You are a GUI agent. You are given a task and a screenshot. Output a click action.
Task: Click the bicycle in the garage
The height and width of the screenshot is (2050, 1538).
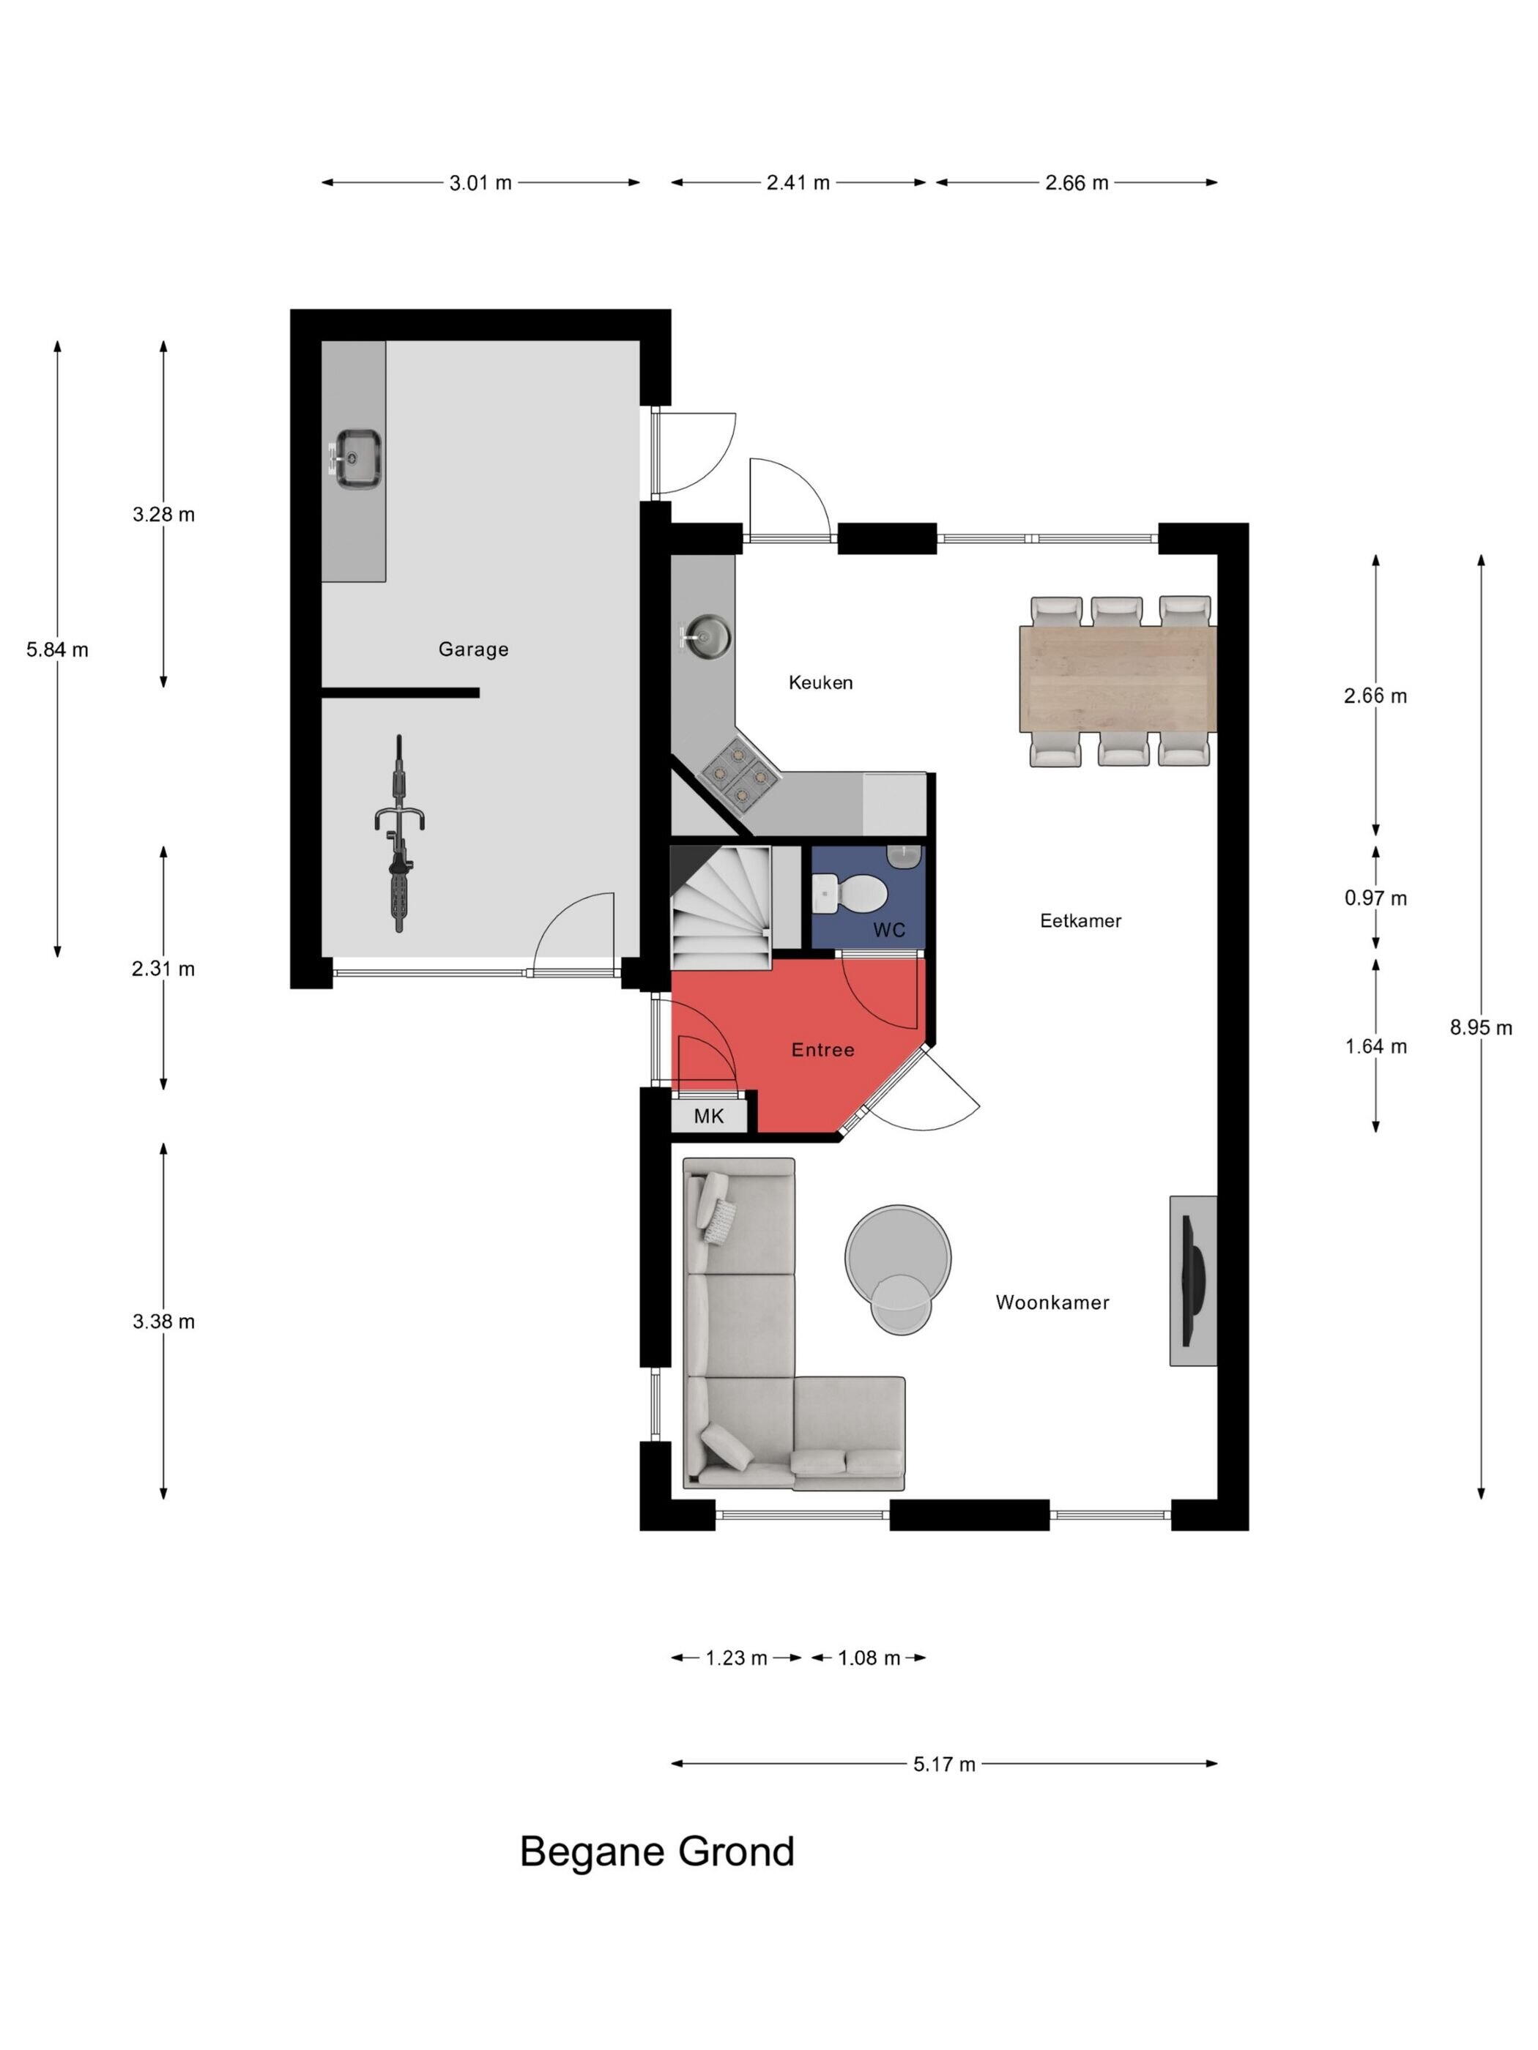tap(398, 833)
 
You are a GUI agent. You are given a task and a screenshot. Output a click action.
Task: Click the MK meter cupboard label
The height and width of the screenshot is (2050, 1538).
tap(708, 1116)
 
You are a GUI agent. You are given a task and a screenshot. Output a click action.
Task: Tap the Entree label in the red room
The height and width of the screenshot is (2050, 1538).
tap(822, 1049)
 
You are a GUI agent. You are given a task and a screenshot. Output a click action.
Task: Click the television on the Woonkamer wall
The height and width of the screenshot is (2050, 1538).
tap(1194, 1281)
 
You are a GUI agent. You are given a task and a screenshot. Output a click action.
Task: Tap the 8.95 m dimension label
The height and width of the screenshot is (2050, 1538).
tap(1481, 1027)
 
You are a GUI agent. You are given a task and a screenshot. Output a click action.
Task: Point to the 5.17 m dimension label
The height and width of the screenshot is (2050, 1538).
tap(944, 1764)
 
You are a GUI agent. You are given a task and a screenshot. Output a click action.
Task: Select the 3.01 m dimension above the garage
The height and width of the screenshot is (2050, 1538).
tap(480, 182)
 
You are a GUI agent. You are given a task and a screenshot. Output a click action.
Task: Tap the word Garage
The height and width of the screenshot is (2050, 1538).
tap(473, 649)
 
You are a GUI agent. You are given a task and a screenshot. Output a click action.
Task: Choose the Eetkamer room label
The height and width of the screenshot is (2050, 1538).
tap(1080, 920)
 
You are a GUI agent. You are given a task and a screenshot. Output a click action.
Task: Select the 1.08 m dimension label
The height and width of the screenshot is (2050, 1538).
tap(869, 1658)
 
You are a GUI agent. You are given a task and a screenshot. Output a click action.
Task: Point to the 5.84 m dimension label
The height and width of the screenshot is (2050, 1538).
tap(57, 649)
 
